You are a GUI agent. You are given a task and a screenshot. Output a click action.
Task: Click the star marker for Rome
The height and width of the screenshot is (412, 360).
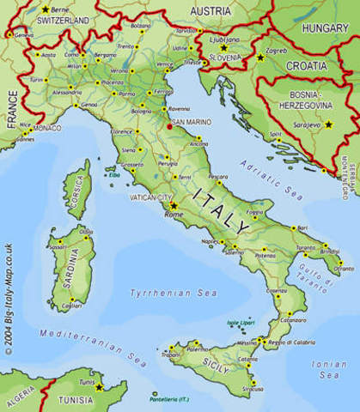click(174, 206)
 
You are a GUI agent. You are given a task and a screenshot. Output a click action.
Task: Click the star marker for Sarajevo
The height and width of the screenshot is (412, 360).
click(327, 124)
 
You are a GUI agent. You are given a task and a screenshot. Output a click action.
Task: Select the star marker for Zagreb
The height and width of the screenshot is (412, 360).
click(261, 58)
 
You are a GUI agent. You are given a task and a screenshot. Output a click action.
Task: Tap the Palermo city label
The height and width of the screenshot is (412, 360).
click(198, 349)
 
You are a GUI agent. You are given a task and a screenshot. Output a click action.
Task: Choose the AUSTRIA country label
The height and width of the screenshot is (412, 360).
click(211, 10)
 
